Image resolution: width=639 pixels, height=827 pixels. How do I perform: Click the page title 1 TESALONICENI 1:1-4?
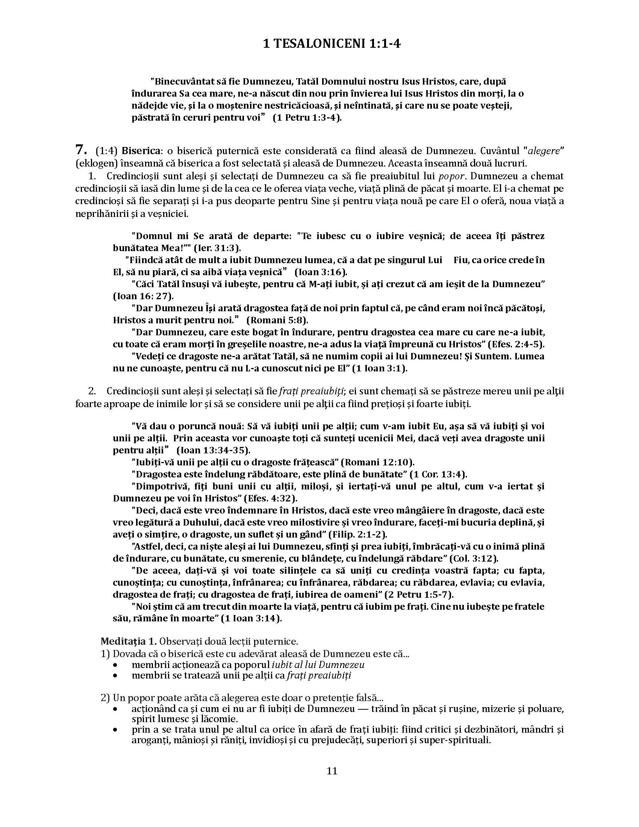pos(332,44)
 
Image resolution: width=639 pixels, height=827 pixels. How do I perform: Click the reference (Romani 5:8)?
pos(277,320)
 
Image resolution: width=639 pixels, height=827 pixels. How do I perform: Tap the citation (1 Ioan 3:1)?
pos(379,368)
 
